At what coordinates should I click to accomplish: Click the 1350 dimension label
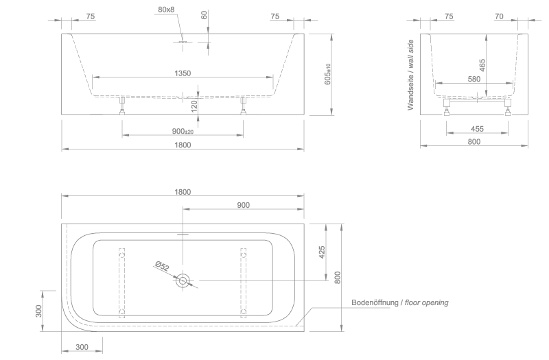pos(183,73)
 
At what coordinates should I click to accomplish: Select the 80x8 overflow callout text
pos(166,10)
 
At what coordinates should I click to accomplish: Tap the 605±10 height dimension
pos(328,74)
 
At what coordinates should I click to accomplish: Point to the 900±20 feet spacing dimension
pos(183,131)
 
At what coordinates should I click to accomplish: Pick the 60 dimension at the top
pos(205,14)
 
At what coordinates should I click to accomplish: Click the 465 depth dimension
pos(482,65)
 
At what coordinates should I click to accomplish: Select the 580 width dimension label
pos(474,79)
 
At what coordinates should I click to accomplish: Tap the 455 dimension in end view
pos(477,129)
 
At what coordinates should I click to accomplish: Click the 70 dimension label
pos(499,16)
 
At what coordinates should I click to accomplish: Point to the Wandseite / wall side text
pos(410,75)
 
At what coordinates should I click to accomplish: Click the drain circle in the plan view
pos(183,280)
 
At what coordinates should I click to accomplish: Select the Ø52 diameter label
pos(162,266)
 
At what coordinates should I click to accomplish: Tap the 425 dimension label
pos(322,252)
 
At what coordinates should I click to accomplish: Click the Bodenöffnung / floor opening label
pos(400,302)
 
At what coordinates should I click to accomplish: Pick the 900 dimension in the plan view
pos(244,205)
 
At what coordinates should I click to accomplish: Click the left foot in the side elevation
pos(122,106)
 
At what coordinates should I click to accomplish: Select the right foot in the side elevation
pos(244,106)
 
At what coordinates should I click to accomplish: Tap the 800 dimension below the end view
pos(474,142)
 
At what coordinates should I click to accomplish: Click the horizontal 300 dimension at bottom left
pos(82,347)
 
